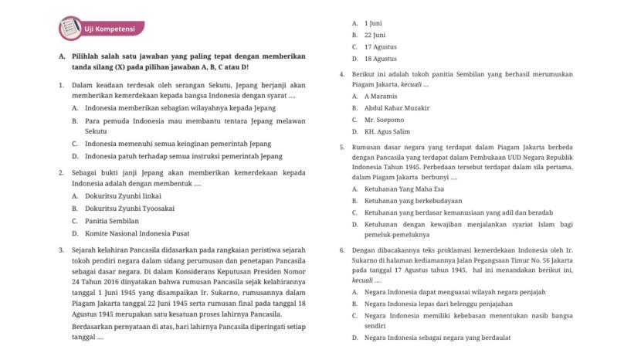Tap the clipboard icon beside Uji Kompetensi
click(70, 29)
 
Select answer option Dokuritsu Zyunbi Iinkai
click(117, 195)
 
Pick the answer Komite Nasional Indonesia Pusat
click(137, 233)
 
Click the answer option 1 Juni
click(373, 23)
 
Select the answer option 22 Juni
click(375, 35)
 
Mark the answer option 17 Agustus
click(379, 46)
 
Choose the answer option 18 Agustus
click(380, 59)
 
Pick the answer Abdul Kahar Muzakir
click(396, 108)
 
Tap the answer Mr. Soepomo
click(384, 120)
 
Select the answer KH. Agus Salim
click(387, 132)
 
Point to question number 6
click(342, 250)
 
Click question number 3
click(61, 250)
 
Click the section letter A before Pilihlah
click(61, 56)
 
